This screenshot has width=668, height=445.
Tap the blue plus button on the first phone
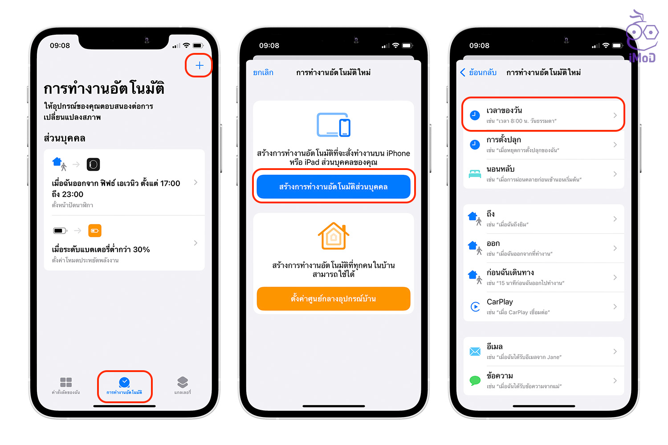point(199,65)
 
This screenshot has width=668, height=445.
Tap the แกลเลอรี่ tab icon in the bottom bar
point(183,382)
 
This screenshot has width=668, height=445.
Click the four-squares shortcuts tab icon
point(66,382)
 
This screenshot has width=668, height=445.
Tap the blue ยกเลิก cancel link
point(263,73)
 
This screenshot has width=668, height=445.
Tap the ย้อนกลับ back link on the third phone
point(478,73)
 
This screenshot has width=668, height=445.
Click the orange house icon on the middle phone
point(334,235)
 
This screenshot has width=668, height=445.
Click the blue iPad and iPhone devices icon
point(334,125)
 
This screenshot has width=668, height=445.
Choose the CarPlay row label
point(500,302)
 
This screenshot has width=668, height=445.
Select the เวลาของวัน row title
point(504,110)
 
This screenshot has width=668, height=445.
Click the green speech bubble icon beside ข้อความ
point(475,380)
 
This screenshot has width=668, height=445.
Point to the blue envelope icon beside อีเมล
point(475,352)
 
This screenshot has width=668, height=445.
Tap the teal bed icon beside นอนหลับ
point(475,174)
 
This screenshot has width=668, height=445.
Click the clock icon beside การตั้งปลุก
point(475,145)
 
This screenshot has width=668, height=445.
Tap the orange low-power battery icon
point(95,231)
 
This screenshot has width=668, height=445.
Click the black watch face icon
point(93,165)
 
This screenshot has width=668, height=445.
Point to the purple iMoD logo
point(643,36)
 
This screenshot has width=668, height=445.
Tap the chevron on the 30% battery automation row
point(196,243)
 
